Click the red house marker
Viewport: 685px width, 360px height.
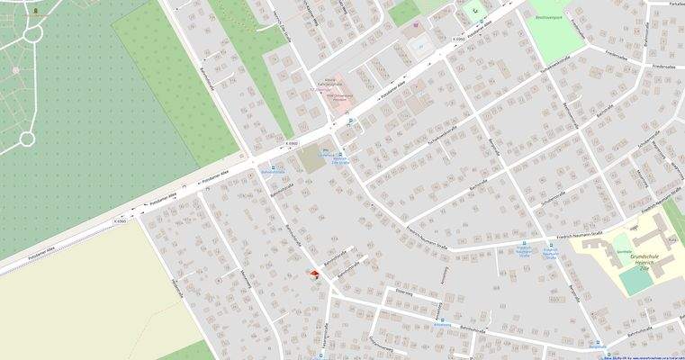(313, 274)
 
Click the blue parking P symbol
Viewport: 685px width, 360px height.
(351, 120)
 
